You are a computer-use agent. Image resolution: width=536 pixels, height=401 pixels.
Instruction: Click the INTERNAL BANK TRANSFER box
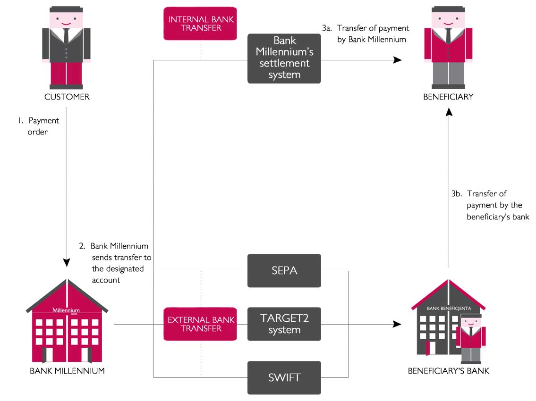pyautogui.click(x=200, y=24)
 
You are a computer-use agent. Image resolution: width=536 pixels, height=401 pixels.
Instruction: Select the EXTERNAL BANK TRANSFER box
pyautogui.click(x=200, y=324)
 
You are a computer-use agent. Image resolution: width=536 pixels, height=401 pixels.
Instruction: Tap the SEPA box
pyautogui.click(x=284, y=270)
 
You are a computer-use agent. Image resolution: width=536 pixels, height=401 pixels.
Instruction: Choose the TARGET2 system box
pyautogui.click(x=284, y=324)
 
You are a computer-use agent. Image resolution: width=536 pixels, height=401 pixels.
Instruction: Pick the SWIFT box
pyautogui.click(x=284, y=377)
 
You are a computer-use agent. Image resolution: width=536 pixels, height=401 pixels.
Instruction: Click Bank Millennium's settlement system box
pyautogui.click(x=284, y=58)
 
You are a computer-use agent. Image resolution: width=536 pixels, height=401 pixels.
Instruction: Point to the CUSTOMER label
pyautogui.click(x=67, y=97)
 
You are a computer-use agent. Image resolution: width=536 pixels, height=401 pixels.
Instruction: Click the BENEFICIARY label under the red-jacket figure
pyautogui.click(x=448, y=97)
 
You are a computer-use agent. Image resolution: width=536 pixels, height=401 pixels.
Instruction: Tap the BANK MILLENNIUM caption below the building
pyautogui.click(x=67, y=371)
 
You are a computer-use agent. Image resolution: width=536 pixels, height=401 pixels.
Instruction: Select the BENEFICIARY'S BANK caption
pyautogui.click(x=449, y=371)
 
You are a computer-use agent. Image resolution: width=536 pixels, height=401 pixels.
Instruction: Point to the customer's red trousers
pyautogui.click(x=66, y=74)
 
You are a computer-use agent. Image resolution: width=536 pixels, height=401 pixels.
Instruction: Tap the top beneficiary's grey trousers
pyautogui.click(x=448, y=74)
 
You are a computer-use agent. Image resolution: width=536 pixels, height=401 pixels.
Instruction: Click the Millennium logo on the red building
pyautogui.click(x=66, y=310)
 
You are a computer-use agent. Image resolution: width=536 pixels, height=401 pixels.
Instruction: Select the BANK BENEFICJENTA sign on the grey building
pyautogui.click(x=449, y=309)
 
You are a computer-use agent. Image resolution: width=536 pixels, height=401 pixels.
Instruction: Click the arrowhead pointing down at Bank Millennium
pyautogui.click(x=67, y=262)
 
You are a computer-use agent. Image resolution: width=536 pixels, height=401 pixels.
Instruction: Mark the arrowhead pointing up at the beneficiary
pyautogui.click(x=449, y=112)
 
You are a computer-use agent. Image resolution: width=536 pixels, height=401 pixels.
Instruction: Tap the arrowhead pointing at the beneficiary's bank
pyautogui.click(x=397, y=324)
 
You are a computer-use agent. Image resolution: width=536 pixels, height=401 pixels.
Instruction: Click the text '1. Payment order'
pyautogui.click(x=38, y=126)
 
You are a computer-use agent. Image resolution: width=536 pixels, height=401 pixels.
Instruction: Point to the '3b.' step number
pyautogui.click(x=457, y=194)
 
